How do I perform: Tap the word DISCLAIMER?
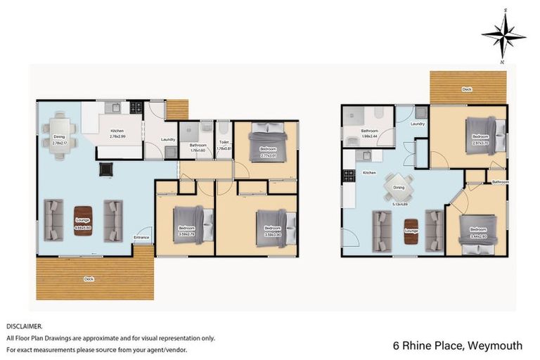(x=24, y=326)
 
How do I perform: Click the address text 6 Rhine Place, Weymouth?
(x=457, y=345)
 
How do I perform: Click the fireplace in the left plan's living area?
(x=107, y=169)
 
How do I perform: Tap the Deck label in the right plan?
(x=467, y=89)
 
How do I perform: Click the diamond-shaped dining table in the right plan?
(x=398, y=187)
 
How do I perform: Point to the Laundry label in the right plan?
(x=418, y=124)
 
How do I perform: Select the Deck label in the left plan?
(x=89, y=279)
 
